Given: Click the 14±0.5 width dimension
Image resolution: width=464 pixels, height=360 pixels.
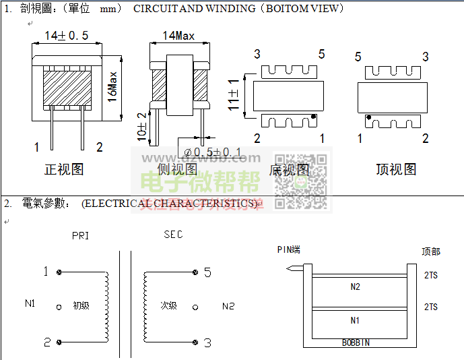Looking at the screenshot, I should [x=67, y=35].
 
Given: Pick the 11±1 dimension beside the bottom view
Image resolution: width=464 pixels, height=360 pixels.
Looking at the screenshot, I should [x=234, y=95].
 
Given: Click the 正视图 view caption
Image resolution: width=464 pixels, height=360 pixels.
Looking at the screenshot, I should [x=64, y=169].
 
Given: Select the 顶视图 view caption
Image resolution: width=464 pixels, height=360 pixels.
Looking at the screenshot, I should [x=396, y=169].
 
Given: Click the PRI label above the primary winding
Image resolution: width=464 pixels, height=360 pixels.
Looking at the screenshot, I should [x=80, y=236].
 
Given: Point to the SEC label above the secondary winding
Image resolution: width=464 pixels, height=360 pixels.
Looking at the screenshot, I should [x=173, y=235].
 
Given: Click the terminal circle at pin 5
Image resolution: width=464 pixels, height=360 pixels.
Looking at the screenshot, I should [x=194, y=272].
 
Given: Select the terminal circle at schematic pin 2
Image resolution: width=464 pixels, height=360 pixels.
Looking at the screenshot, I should [x=60, y=342].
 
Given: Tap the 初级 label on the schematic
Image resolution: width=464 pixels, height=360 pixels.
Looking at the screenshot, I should [x=81, y=306].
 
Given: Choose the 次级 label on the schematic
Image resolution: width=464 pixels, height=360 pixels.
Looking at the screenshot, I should [x=168, y=305].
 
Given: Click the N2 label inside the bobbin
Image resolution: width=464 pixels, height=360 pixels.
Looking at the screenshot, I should [x=356, y=287].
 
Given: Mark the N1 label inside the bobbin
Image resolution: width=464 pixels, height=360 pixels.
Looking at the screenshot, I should [x=356, y=320].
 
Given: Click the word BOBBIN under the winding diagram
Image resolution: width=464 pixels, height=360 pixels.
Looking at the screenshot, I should [x=356, y=343].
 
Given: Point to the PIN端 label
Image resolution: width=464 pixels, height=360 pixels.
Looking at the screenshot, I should [x=289, y=250].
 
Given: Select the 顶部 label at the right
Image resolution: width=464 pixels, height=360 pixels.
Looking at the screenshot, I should [x=431, y=251].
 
